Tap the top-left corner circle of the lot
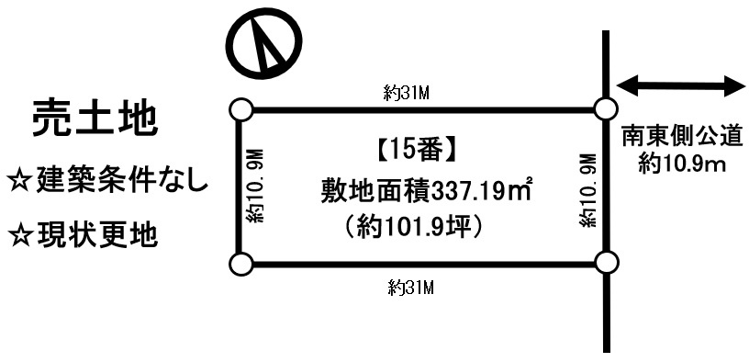240,109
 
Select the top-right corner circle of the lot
604,109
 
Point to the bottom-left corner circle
240,266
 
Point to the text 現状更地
96,234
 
